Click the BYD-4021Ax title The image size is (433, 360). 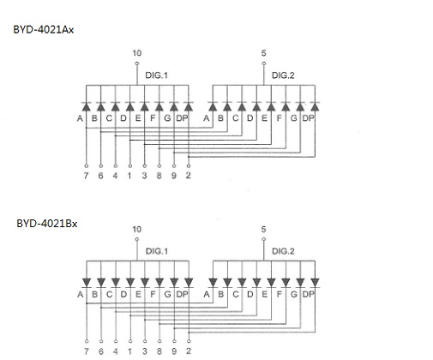44,30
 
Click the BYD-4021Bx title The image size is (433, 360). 47,224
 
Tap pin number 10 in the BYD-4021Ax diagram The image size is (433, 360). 137,53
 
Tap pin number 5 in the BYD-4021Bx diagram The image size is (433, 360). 263,230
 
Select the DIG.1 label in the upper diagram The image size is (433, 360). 157,75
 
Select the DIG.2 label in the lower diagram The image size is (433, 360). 283,251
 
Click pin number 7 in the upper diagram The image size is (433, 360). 86,176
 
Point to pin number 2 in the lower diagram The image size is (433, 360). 189,351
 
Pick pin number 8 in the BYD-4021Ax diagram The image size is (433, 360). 159,176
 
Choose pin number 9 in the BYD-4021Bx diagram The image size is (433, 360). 174,351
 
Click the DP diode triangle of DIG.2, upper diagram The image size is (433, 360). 315,107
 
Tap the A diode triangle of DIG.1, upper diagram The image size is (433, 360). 86,107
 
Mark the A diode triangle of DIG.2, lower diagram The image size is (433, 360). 213,282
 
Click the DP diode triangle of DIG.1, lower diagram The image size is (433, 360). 189,282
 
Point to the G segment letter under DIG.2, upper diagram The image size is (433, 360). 293,118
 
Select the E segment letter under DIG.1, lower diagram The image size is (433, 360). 138,294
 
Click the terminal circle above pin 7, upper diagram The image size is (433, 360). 87,166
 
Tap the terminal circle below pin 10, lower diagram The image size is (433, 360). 137,239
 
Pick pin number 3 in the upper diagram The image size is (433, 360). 145,176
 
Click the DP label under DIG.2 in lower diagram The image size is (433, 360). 308,294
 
